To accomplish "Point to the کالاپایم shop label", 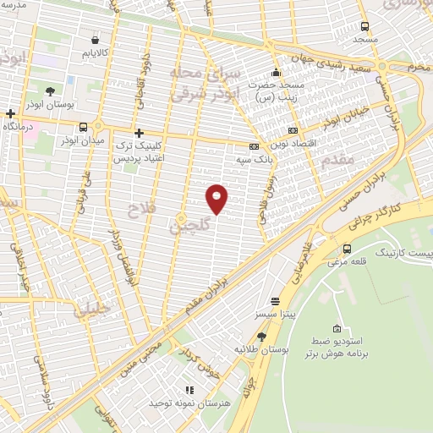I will tap(95, 54).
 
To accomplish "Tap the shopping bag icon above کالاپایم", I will tap(94, 40).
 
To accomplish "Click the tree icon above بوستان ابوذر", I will tap(51, 90).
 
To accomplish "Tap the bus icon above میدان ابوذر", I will tap(82, 128).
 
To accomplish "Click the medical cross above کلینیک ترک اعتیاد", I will tap(140, 133).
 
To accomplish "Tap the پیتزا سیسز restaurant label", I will tap(276, 315).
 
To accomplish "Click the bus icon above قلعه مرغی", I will tap(348, 248).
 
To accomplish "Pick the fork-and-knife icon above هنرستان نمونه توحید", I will tap(190, 390).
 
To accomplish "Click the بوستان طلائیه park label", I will tap(263, 348).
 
